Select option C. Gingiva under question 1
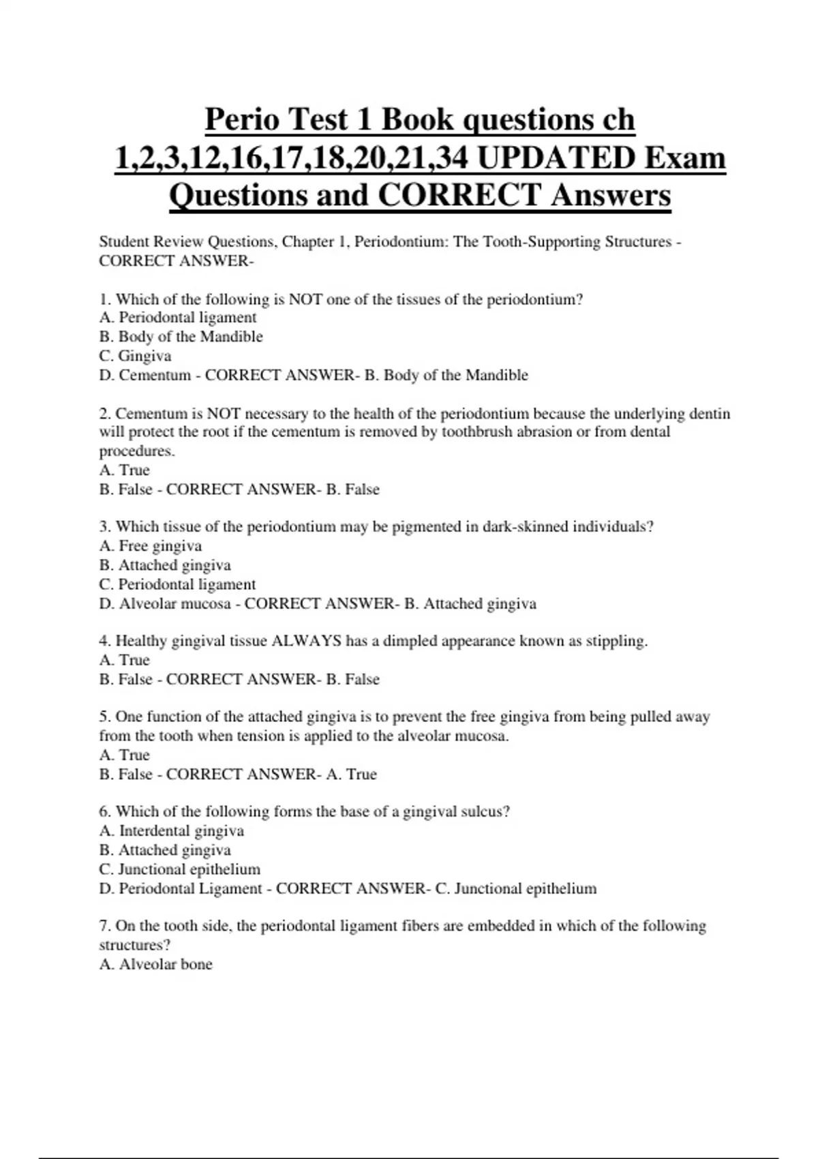pos(135,356)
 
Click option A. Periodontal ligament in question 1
pos(178,318)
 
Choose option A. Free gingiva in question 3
pos(151,546)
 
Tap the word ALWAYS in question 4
pos(306,641)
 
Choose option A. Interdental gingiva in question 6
pos(172,831)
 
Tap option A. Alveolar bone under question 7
pos(156,965)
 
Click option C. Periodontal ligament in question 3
pos(177,584)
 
